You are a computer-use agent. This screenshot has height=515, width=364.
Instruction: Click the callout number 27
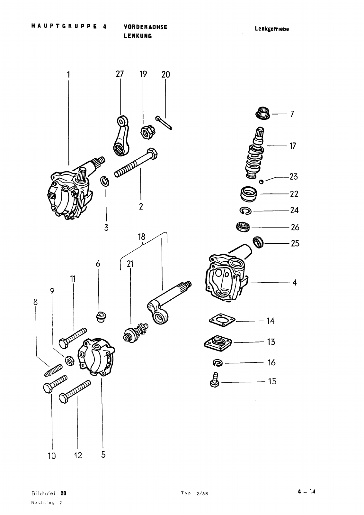click(120, 74)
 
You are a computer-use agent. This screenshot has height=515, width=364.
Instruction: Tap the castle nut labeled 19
click(147, 132)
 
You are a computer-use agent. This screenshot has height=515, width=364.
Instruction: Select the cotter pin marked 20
click(164, 123)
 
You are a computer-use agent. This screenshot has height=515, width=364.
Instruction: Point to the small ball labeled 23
click(261, 182)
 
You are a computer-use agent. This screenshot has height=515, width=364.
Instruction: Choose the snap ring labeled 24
click(245, 211)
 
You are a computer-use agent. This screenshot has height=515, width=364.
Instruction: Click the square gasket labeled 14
click(222, 320)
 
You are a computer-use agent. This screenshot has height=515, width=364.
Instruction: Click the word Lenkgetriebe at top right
click(272, 29)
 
